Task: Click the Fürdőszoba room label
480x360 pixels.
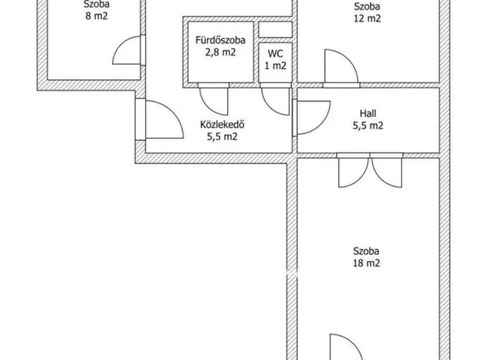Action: [x=220, y=40]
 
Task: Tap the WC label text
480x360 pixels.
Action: [x=275, y=53]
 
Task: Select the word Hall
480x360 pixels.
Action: [x=368, y=113]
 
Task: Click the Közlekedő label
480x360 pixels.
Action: [x=222, y=124]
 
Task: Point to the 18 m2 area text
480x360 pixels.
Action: [x=367, y=263]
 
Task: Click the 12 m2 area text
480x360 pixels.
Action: [x=367, y=18]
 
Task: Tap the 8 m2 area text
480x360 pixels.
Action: [x=97, y=16]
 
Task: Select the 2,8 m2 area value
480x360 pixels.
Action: [x=220, y=52]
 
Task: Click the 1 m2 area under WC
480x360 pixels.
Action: [x=275, y=65]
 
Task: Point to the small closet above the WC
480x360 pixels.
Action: [x=275, y=30]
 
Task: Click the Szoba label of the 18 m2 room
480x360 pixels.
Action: [x=366, y=251]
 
